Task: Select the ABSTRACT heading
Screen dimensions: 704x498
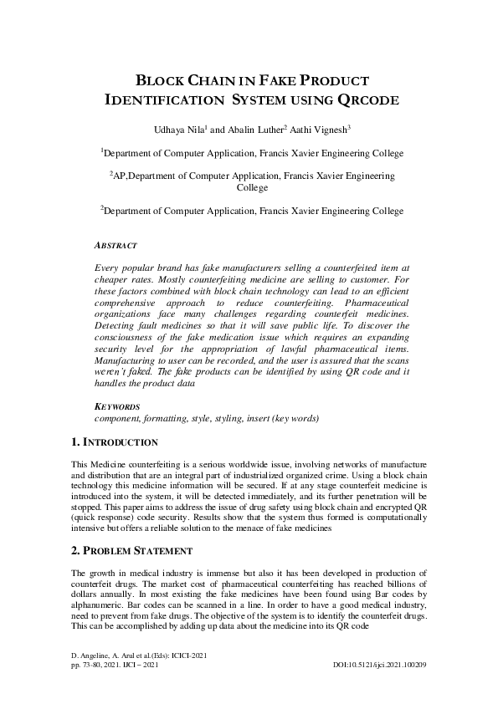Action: pos(116,246)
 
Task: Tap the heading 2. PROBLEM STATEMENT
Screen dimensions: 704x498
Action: pos(131,551)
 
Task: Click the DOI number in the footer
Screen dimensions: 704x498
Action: pos(380,665)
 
